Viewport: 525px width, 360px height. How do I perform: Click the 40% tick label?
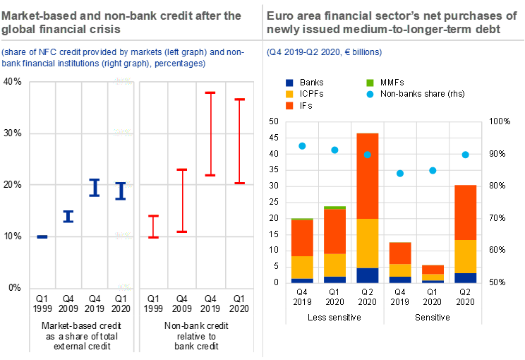[x=123, y=82]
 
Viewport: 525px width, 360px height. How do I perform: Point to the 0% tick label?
[x=124, y=287]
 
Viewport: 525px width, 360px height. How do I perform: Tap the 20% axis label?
[x=123, y=184]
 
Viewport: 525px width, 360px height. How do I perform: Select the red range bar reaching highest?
[x=210, y=133]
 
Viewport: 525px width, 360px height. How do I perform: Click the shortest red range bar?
[x=153, y=226]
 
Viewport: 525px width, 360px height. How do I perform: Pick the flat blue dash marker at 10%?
[x=42, y=236]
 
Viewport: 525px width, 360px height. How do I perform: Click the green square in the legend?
[x=370, y=83]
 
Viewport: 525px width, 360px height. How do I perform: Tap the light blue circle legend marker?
[x=370, y=95]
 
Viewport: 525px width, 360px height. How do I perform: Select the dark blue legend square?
[x=289, y=83]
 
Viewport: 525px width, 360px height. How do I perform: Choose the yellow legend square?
[x=289, y=95]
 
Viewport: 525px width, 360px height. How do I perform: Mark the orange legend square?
[x=289, y=106]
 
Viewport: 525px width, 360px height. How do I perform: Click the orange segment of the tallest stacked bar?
[x=368, y=176]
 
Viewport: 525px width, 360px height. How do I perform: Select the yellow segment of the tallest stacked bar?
[x=368, y=244]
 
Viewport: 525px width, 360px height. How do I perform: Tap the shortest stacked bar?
[x=433, y=273]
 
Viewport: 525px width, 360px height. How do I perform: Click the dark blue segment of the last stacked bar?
[x=466, y=277]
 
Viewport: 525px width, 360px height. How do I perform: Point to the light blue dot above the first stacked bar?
[x=302, y=146]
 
